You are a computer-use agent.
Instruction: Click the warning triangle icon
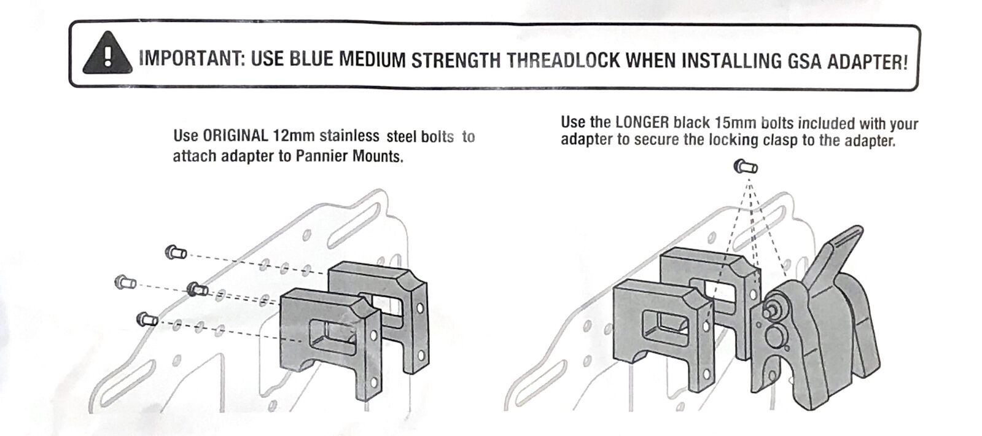107,53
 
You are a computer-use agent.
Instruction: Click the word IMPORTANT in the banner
192,58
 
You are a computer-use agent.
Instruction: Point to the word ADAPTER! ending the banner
867,63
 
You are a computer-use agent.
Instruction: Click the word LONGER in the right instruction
642,122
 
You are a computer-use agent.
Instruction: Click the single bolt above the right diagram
746,166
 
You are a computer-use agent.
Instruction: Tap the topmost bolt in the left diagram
176,252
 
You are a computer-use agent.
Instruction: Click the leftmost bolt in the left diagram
125,282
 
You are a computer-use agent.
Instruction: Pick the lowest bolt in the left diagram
147,319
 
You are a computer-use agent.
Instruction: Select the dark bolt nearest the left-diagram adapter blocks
197,289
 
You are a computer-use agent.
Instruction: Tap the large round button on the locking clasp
776,336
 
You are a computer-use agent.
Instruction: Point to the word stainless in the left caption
349,136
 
